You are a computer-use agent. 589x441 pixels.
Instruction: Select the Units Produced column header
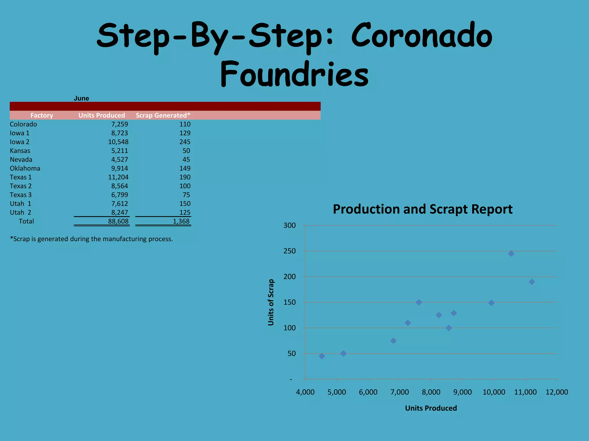click(x=102, y=115)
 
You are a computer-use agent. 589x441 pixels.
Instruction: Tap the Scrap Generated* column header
click(x=163, y=115)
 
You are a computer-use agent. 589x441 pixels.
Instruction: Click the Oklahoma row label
click(x=25, y=169)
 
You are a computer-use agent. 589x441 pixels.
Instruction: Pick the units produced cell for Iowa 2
click(x=118, y=142)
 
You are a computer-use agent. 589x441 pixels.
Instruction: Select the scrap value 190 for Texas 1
click(x=185, y=177)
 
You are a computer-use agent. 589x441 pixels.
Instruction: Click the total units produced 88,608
click(x=118, y=221)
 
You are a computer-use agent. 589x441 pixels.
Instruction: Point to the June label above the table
click(x=81, y=98)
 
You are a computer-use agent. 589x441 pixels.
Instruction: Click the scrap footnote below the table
click(x=91, y=239)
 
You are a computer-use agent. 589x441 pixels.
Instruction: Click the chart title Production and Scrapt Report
click(x=422, y=209)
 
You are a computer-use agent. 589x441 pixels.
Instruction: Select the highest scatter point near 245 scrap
click(x=511, y=254)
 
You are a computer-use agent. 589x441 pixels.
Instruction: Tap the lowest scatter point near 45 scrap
click(x=322, y=356)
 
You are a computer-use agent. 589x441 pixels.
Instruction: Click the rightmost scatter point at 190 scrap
click(x=532, y=282)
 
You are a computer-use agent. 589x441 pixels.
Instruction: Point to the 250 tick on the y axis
click(x=289, y=251)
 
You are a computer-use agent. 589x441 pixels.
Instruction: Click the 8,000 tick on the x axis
click(x=431, y=392)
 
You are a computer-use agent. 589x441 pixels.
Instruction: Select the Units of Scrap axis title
click(x=271, y=302)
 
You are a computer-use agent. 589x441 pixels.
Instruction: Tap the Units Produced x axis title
click(x=431, y=408)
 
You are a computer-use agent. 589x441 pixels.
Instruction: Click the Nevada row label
click(x=21, y=160)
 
